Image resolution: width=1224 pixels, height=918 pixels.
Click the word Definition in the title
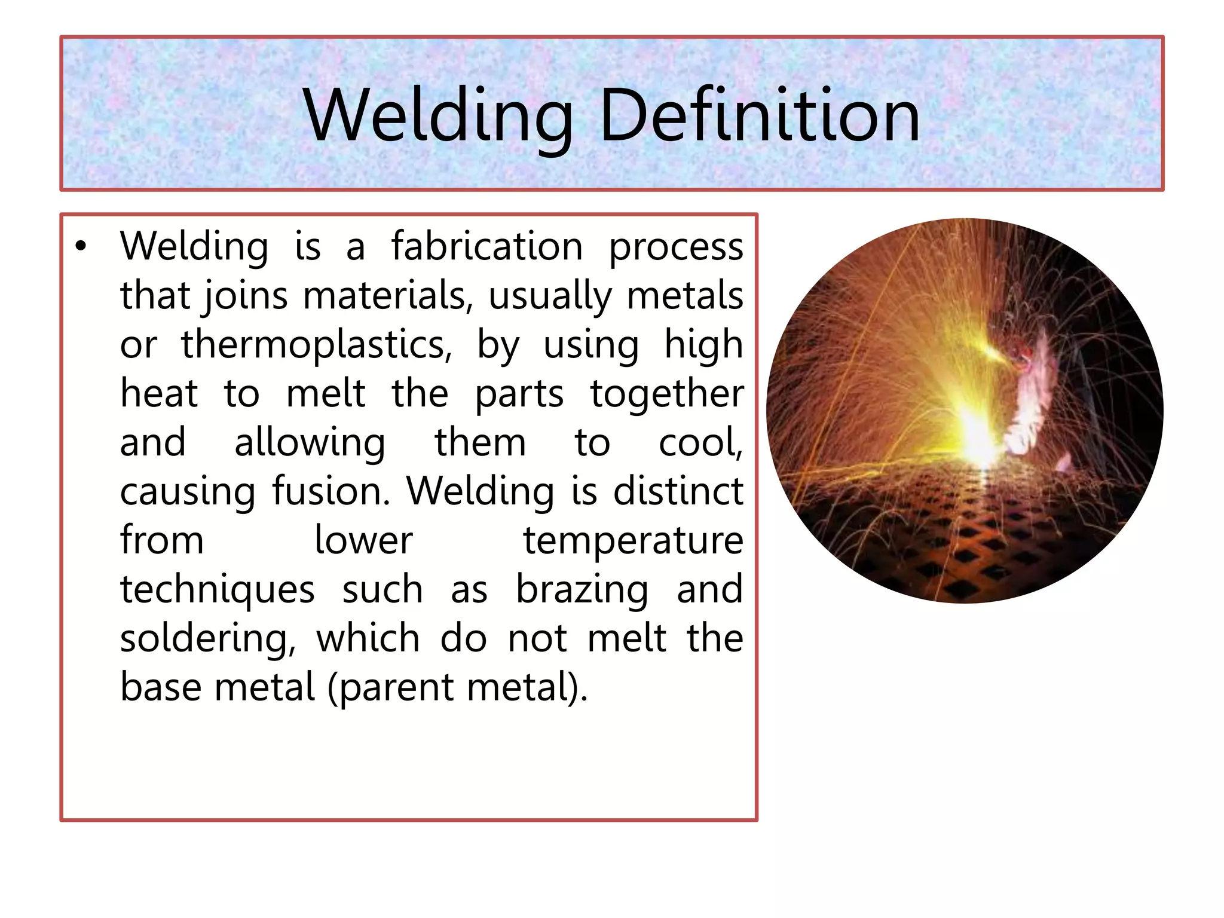click(759, 115)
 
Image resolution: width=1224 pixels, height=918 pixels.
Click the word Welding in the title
click(437, 115)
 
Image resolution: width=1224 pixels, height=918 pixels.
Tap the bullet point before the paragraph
click(81, 246)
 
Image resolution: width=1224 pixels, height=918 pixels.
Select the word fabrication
click(486, 246)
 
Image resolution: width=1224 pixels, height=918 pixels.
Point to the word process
click(675, 247)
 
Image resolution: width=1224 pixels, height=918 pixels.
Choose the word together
click(666, 394)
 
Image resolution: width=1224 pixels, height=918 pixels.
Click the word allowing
click(310, 443)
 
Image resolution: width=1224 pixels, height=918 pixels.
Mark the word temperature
click(633, 541)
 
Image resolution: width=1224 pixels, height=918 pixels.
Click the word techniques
click(218, 590)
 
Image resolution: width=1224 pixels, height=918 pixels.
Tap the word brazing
click(582, 590)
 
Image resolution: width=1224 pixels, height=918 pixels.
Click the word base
click(161, 687)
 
